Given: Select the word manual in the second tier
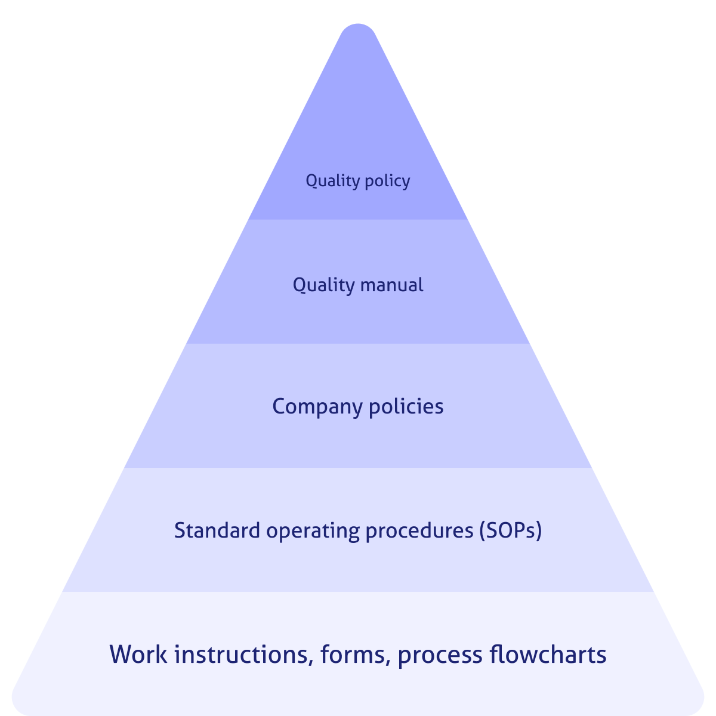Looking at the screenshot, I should [x=391, y=285].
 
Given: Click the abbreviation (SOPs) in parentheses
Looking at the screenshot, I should [x=511, y=530].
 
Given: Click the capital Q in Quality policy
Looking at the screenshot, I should [x=311, y=180].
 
